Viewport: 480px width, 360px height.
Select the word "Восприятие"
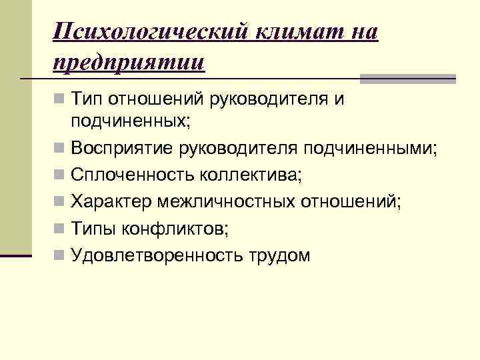[122, 147]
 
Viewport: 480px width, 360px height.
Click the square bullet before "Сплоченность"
[60, 175]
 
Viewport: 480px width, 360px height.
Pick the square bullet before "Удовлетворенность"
[60, 255]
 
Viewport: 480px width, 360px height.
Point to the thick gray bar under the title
[407, 79]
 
